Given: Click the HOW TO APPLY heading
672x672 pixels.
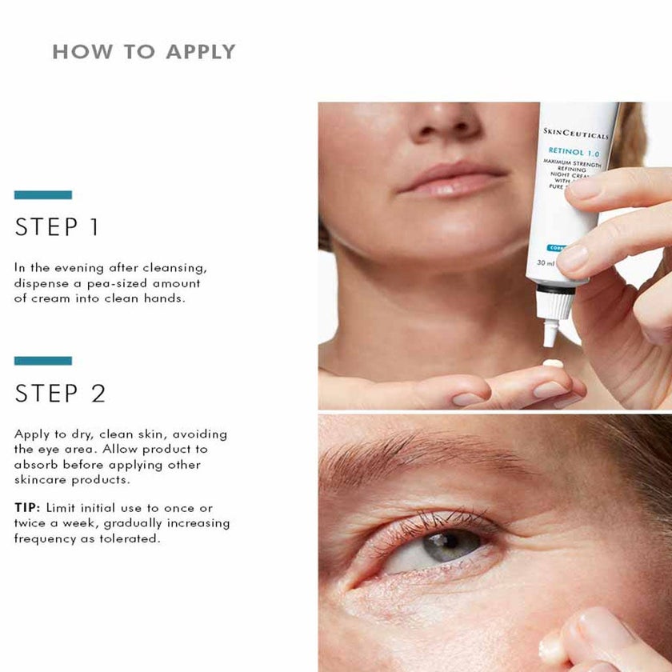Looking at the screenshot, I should (x=144, y=52).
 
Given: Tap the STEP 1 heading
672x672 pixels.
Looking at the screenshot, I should (x=57, y=227).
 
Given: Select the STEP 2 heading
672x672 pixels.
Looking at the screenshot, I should (x=60, y=394).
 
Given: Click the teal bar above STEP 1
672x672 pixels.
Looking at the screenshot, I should (x=43, y=194).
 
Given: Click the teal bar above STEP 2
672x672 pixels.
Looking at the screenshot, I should (x=43, y=361).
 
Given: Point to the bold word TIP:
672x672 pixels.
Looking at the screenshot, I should (x=28, y=507).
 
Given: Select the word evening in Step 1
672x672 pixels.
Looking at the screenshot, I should (x=71, y=268).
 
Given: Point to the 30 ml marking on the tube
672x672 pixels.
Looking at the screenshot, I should (x=546, y=262).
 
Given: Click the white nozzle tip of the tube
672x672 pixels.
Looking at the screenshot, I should (x=550, y=331).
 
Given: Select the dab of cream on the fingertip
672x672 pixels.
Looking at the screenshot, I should (x=551, y=364).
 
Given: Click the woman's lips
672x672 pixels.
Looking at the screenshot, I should (x=451, y=179).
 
